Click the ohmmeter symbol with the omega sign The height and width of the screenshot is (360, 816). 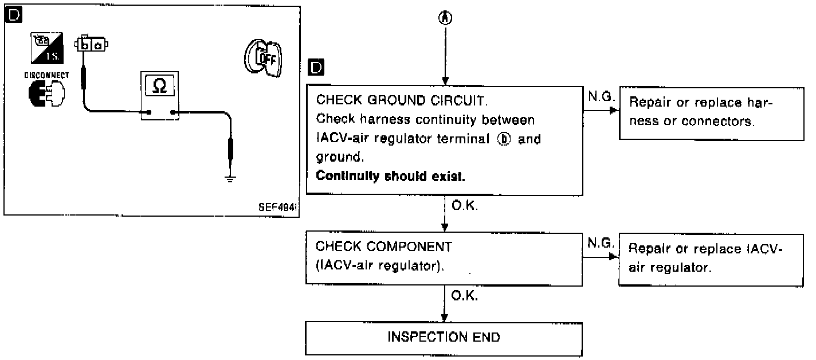[x=160, y=86]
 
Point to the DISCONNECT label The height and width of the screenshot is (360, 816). [x=47, y=75]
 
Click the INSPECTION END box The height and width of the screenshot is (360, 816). [x=444, y=336]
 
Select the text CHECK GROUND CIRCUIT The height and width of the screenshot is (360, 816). [x=402, y=101]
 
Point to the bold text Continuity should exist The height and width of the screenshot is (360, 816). [x=390, y=176]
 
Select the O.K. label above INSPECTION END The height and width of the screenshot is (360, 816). [x=465, y=296]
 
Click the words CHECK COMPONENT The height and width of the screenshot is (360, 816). [x=384, y=247]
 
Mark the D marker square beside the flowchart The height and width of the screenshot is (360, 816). [x=315, y=67]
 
